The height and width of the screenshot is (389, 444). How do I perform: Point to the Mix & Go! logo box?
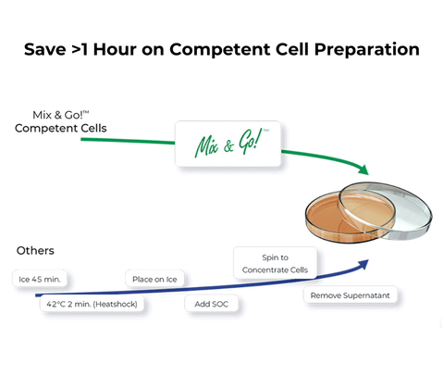click(x=228, y=144)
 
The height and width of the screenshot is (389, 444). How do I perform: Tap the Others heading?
click(x=35, y=250)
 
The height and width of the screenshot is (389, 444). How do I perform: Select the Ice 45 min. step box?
click(x=43, y=278)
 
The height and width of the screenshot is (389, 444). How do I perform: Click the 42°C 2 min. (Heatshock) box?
click(x=91, y=304)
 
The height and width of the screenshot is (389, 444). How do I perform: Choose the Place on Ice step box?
click(x=154, y=279)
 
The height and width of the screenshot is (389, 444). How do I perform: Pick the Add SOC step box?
click(x=212, y=304)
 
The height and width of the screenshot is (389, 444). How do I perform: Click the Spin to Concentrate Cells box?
click(x=276, y=263)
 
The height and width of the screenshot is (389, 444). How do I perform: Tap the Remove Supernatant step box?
click(x=351, y=296)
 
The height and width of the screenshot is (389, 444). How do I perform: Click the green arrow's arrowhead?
click(x=364, y=170)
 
